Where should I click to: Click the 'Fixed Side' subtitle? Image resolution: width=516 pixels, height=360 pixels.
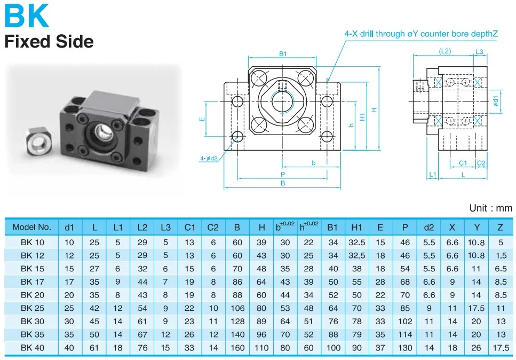(49, 41)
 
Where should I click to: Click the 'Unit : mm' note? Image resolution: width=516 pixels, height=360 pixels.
(490, 208)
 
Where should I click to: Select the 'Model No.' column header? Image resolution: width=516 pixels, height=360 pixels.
(32, 227)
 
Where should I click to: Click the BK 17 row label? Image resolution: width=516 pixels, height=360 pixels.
(32, 281)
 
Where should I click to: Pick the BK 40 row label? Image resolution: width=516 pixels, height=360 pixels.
(32, 348)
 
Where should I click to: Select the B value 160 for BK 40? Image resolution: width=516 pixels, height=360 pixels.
(237, 348)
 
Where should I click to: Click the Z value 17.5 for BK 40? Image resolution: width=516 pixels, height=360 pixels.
(500, 348)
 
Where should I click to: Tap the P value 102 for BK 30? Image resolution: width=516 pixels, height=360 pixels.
(405, 322)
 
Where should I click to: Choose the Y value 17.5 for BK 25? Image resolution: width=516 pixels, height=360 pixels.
(476, 308)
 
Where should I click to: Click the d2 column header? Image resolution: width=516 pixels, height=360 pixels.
(428, 227)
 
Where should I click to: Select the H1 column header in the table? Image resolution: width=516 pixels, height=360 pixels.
(357, 227)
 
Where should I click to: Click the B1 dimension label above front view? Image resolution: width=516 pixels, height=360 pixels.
(283, 54)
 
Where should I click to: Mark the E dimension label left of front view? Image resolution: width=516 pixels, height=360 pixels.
(202, 119)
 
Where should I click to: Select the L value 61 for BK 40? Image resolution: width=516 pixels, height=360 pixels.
(94, 348)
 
